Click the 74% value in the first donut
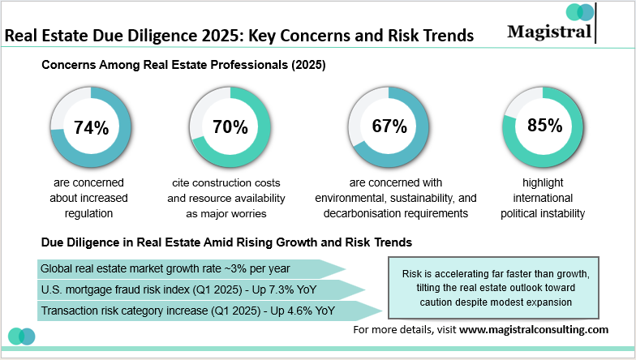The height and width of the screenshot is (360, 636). coord(91,127)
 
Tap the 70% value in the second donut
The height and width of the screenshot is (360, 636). coord(230,127)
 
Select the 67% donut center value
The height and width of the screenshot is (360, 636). coord(389,126)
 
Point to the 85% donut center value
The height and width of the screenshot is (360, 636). coord(544,126)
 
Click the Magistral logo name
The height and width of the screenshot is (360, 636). coord(550,31)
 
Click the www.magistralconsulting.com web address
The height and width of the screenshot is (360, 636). coord(534,330)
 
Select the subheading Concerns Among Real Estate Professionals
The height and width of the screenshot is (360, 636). coord(183,66)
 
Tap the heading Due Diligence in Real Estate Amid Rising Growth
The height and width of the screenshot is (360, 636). coord(227,242)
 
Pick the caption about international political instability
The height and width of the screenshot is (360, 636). coord(544,198)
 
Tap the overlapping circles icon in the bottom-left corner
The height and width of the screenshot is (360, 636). coord(21,336)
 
